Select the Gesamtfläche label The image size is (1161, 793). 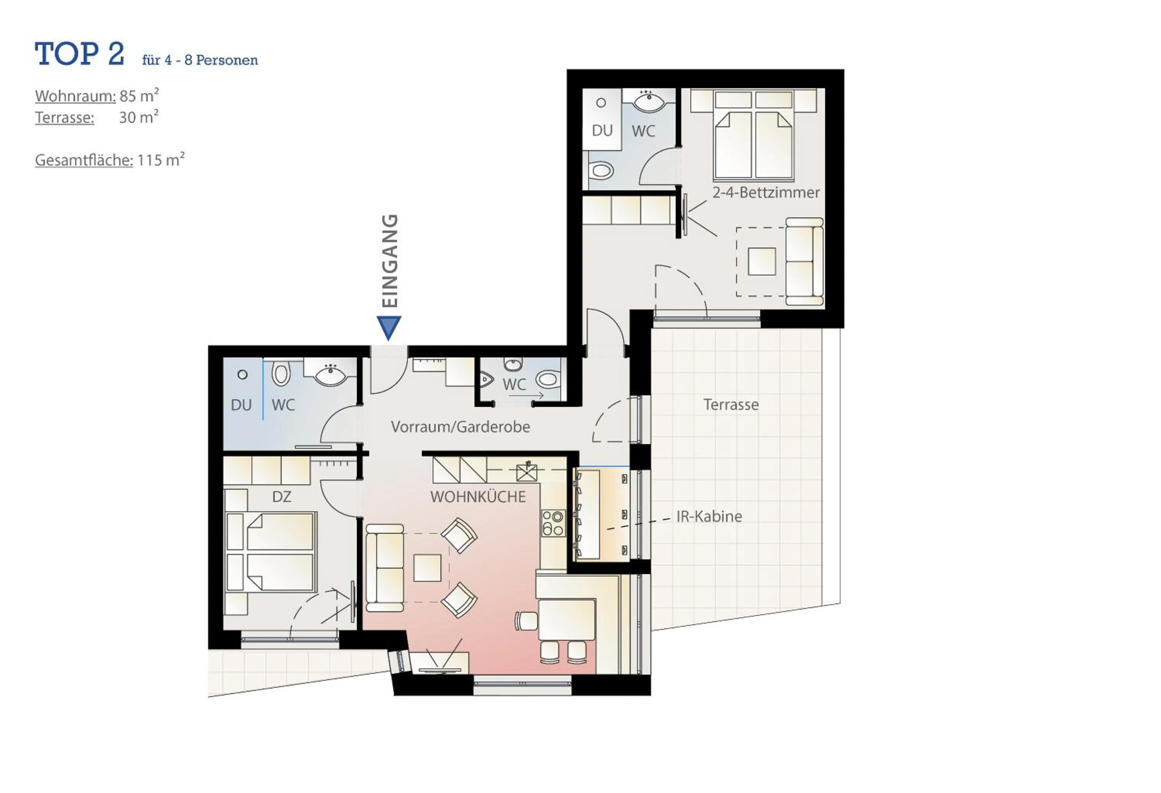84,160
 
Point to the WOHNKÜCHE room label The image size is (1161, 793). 478,497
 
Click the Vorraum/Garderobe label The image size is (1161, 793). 460,427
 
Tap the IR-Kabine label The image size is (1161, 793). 709,516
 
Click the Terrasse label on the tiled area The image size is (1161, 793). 731,405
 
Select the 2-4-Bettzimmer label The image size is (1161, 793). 766,192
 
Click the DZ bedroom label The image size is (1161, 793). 282,497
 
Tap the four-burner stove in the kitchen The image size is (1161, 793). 553,523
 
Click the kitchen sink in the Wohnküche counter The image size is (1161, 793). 527,472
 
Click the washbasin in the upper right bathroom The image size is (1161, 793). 649,102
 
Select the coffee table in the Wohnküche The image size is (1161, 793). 427,568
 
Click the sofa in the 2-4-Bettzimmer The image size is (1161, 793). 804,261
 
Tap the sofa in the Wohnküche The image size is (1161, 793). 385,568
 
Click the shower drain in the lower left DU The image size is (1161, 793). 242,374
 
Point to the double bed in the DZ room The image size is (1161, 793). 272,552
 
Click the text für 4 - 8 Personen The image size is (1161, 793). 200,60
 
